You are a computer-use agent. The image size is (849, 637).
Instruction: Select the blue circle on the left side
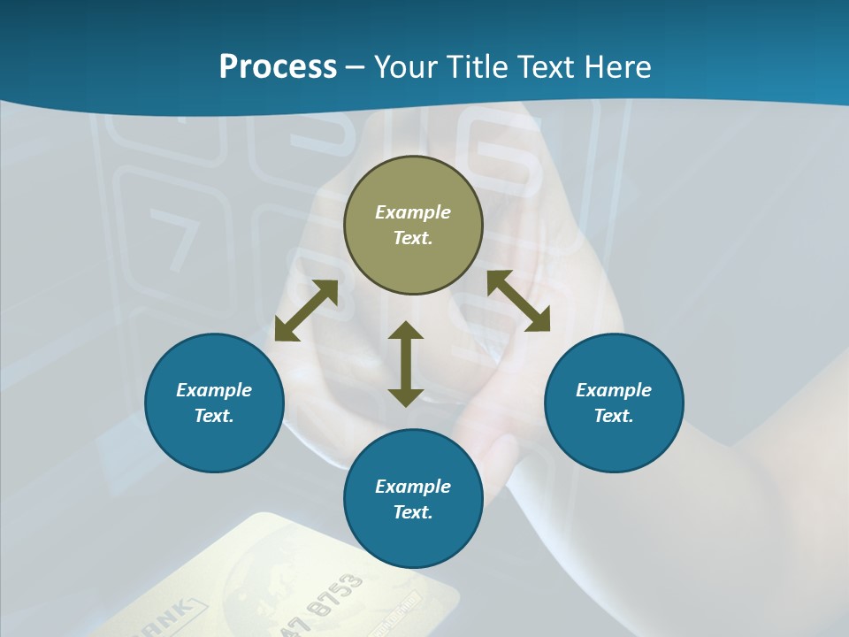214,403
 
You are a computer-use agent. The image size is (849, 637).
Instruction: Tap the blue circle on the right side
614,403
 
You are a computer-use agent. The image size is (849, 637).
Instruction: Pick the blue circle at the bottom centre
413,499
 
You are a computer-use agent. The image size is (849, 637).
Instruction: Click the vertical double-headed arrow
406,364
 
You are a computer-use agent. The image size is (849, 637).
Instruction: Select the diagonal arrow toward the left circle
306,311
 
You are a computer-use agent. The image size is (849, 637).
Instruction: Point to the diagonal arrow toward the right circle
519,301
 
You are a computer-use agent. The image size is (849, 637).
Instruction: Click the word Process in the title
278,66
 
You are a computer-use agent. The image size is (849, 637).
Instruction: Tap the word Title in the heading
479,66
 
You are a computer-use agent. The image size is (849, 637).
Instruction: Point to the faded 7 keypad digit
172,237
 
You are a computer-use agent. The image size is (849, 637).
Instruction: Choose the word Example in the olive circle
413,212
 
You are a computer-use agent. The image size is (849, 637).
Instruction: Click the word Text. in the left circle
214,416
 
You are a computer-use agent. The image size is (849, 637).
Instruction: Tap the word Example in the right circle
614,390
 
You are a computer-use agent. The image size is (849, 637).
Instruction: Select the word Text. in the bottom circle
413,512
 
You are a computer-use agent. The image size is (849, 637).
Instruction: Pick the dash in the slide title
356,67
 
